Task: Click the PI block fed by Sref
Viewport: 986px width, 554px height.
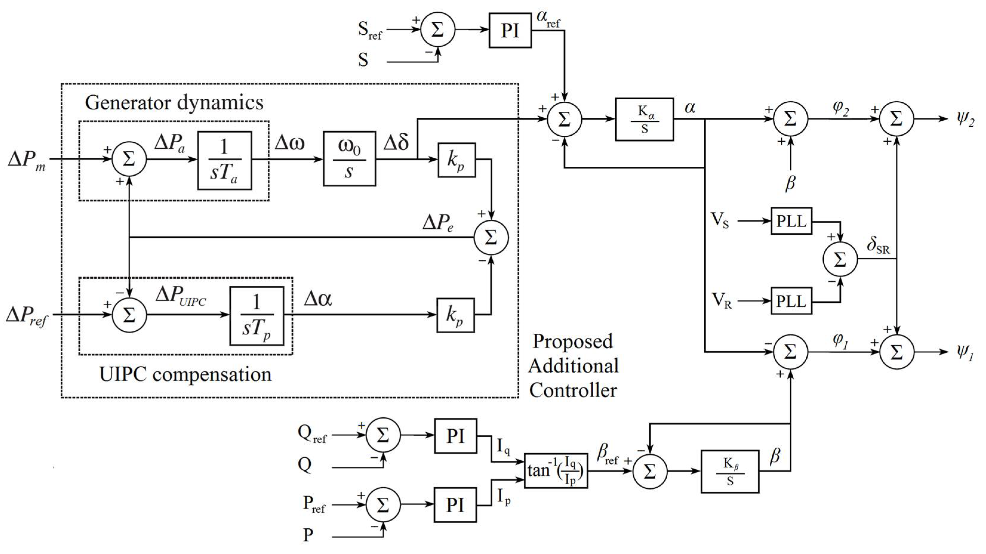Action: [x=510, y=30]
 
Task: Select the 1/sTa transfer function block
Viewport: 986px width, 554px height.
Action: [x=225, y=161]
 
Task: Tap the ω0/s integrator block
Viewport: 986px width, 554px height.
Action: [x=349, y=159]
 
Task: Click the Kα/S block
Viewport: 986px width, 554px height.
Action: [x=644, y=119]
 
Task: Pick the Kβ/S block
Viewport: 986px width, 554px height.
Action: [x=730, y=471]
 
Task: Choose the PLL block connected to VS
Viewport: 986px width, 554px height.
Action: [x=791, y=221]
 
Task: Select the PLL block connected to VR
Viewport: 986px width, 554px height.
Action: [x=791, y=301]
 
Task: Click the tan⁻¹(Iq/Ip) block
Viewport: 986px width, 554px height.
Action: [x=556, y=471]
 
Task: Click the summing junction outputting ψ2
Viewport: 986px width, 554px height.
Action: [x=896, y=119]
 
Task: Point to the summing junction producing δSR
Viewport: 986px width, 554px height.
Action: [x=840, y=259]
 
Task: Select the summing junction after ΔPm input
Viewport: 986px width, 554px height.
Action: [x=129, y=159]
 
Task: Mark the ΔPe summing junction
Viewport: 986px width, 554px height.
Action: [x=491, y=237]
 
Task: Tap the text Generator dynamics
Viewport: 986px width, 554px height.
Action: [x=174, y=103]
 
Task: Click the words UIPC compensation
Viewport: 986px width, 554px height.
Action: [x=185, y=374]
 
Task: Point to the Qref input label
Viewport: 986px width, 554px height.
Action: [x=312, y=434]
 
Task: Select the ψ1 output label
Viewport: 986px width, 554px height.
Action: [x=965, y=352]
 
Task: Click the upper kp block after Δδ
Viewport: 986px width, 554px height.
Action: [x=457, y=160]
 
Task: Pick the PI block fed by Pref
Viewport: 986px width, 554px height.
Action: [x=455, y=505]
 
